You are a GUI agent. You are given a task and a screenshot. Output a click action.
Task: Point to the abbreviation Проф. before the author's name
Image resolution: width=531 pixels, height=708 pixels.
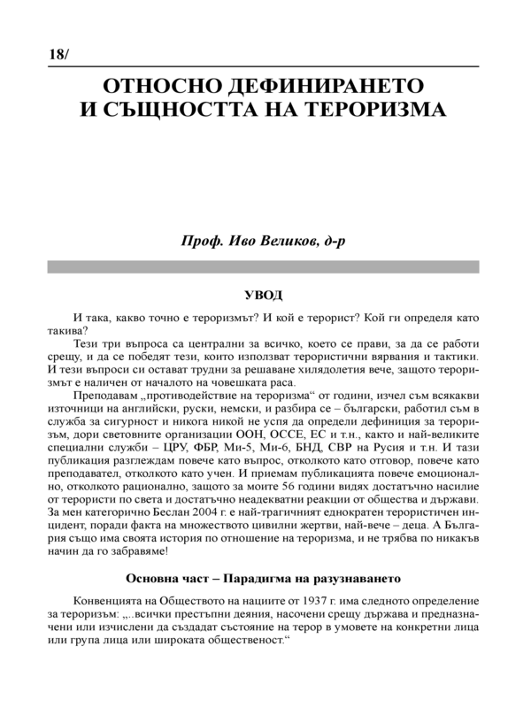coord(204,242)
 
